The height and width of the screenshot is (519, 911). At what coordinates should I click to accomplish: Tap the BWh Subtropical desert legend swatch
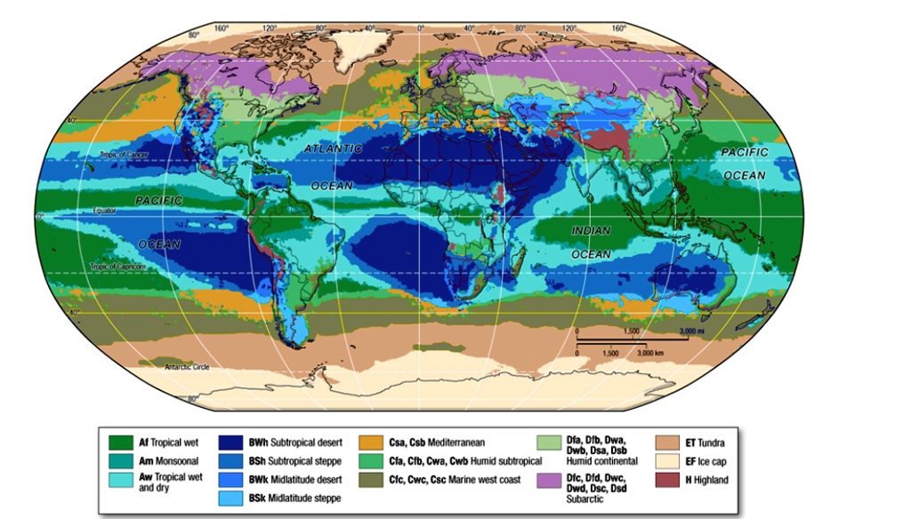coord(232,442)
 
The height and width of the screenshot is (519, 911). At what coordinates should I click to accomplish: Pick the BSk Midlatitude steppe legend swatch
coord(232,498)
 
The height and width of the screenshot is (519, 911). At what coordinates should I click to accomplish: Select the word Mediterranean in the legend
coord(457,442)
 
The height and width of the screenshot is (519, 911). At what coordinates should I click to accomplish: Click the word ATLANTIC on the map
coord(333,149)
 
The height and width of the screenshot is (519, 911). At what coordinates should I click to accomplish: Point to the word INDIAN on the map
coord(591,231)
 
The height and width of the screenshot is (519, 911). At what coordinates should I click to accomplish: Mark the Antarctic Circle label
coord(188,367)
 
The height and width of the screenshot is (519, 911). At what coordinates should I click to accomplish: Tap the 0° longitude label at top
coord(421,28)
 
